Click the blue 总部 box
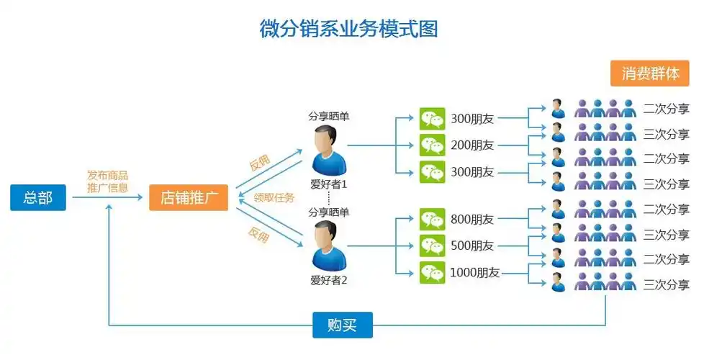[38, 197]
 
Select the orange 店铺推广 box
[189, 197]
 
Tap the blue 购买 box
[343, 325]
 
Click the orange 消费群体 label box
[650, 73]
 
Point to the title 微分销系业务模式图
[349, 30]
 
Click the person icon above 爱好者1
[328, 149]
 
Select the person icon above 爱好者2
[328, 246]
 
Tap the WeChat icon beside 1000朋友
[432, 272]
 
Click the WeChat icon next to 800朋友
[432, 219]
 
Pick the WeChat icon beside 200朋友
[432, 145]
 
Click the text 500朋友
[472, 246]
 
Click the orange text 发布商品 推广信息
[108, 181]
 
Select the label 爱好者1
[328, 184]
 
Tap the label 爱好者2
[328, 280]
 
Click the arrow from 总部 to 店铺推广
[108, 197]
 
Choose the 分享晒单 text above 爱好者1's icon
[328, 116]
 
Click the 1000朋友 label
[475, 273]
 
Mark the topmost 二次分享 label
[667, 109]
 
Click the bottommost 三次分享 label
[667, 284]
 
